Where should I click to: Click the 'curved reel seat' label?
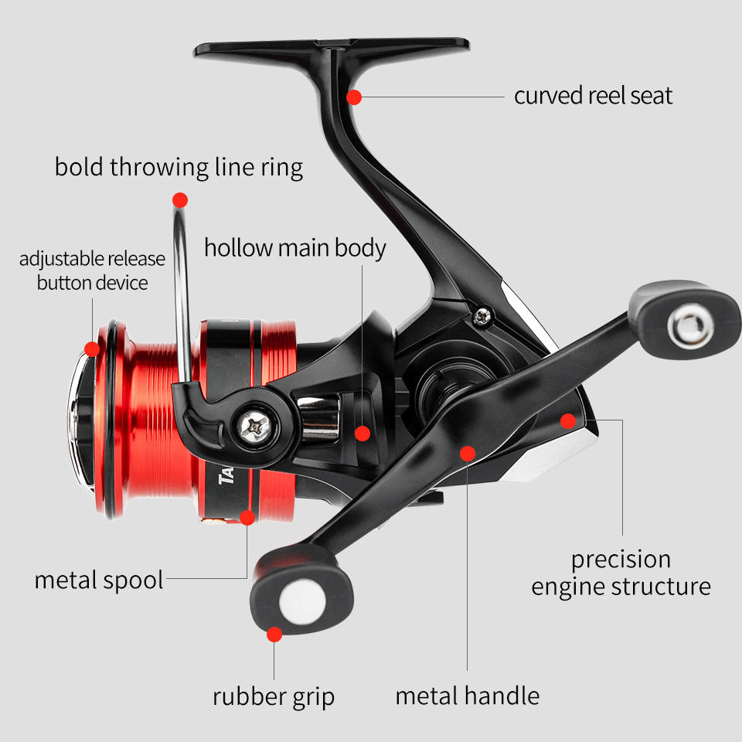click(x=593, y=96)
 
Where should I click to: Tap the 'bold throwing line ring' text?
click(x=179, y=167)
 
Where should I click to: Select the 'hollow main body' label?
click(x=294, y=248)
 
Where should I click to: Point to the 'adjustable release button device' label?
click(x=92, y=271)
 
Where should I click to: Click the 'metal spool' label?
click(x=99, y=580)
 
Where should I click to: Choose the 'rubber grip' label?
click(x=274, y=696)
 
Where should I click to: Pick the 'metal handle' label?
click(x=467, y=696)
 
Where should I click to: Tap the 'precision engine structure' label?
click(x=621, y=572)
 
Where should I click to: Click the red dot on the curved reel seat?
click(x=354, y=97)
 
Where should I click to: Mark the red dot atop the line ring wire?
click(x=180, y=200)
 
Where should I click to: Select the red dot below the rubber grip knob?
click(x=274, y=635)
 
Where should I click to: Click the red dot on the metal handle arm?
click(x=467, y=452)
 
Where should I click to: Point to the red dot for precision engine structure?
click(x=568, y=421)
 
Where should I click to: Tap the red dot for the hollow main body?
click(x=362, y=433)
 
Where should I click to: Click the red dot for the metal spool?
click(x=247, y=516)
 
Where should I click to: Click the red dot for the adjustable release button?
click(x=92, y=349)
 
